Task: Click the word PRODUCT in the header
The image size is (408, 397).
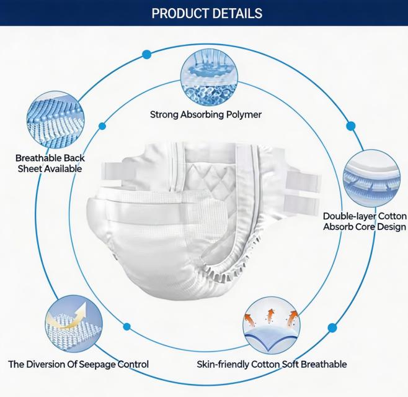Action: tap(180, 13)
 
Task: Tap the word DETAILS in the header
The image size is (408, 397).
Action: tap(237, 13)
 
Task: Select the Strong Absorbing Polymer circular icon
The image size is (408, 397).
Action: tap(209, 78)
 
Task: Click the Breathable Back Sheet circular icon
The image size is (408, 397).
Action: tap(55, 120)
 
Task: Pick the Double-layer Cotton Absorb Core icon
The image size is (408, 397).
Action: tap(372, 178)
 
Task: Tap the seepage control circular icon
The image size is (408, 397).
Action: tap(74, 324)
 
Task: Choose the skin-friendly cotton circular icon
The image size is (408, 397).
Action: tap(272, 326)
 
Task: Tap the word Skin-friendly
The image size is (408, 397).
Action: tap(223, 364)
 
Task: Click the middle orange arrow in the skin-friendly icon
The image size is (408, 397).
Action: tap(271, 314)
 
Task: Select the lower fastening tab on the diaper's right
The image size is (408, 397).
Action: tap(301, 205)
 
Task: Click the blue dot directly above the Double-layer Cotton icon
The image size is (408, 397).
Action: tap(351, 126)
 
